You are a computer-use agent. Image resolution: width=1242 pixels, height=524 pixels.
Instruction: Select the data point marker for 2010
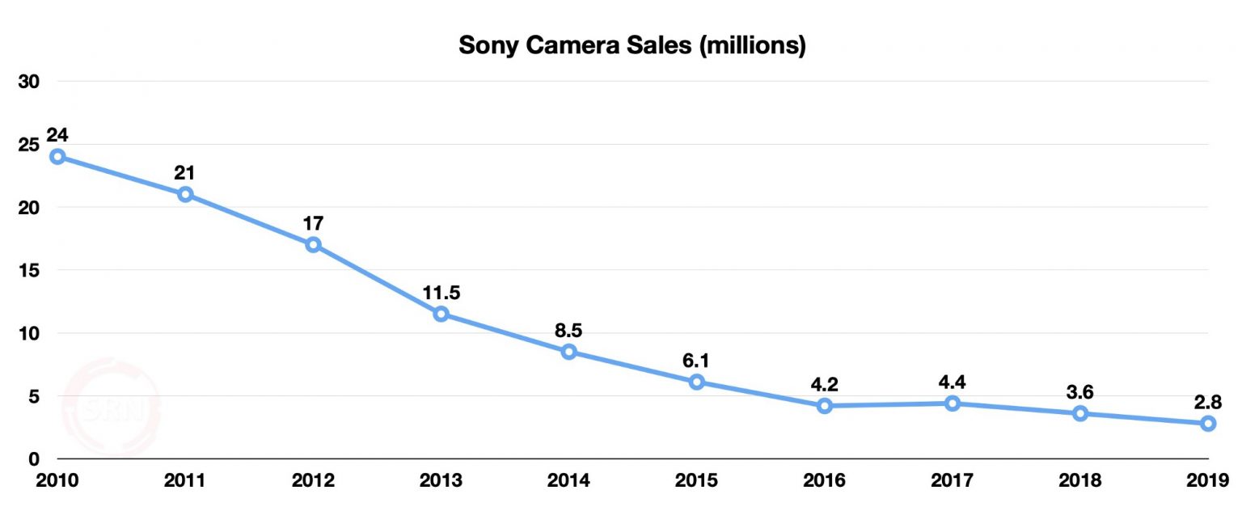point(57,156)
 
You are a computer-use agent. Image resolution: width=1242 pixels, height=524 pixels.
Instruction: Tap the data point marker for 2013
point(441,314)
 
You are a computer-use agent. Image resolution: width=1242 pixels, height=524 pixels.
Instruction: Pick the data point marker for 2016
point(825,406)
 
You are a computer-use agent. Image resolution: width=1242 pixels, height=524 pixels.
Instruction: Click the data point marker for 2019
point(1208,423)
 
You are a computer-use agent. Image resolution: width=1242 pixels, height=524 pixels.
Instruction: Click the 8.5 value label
point(568,329)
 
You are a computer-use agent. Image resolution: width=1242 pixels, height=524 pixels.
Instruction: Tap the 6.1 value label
point(696,359)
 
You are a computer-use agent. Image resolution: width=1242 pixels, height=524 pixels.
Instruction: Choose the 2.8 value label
point(1208,401)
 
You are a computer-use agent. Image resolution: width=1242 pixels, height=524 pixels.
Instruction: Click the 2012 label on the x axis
point(313,481)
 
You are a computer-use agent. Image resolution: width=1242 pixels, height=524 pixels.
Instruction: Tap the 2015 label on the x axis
point(696,481)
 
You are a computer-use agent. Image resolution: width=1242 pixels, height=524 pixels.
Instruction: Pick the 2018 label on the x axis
point(1080,481)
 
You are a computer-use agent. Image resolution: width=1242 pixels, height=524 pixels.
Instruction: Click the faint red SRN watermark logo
point(111,408)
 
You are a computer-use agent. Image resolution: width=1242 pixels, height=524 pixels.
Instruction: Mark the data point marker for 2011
point(185,194)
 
